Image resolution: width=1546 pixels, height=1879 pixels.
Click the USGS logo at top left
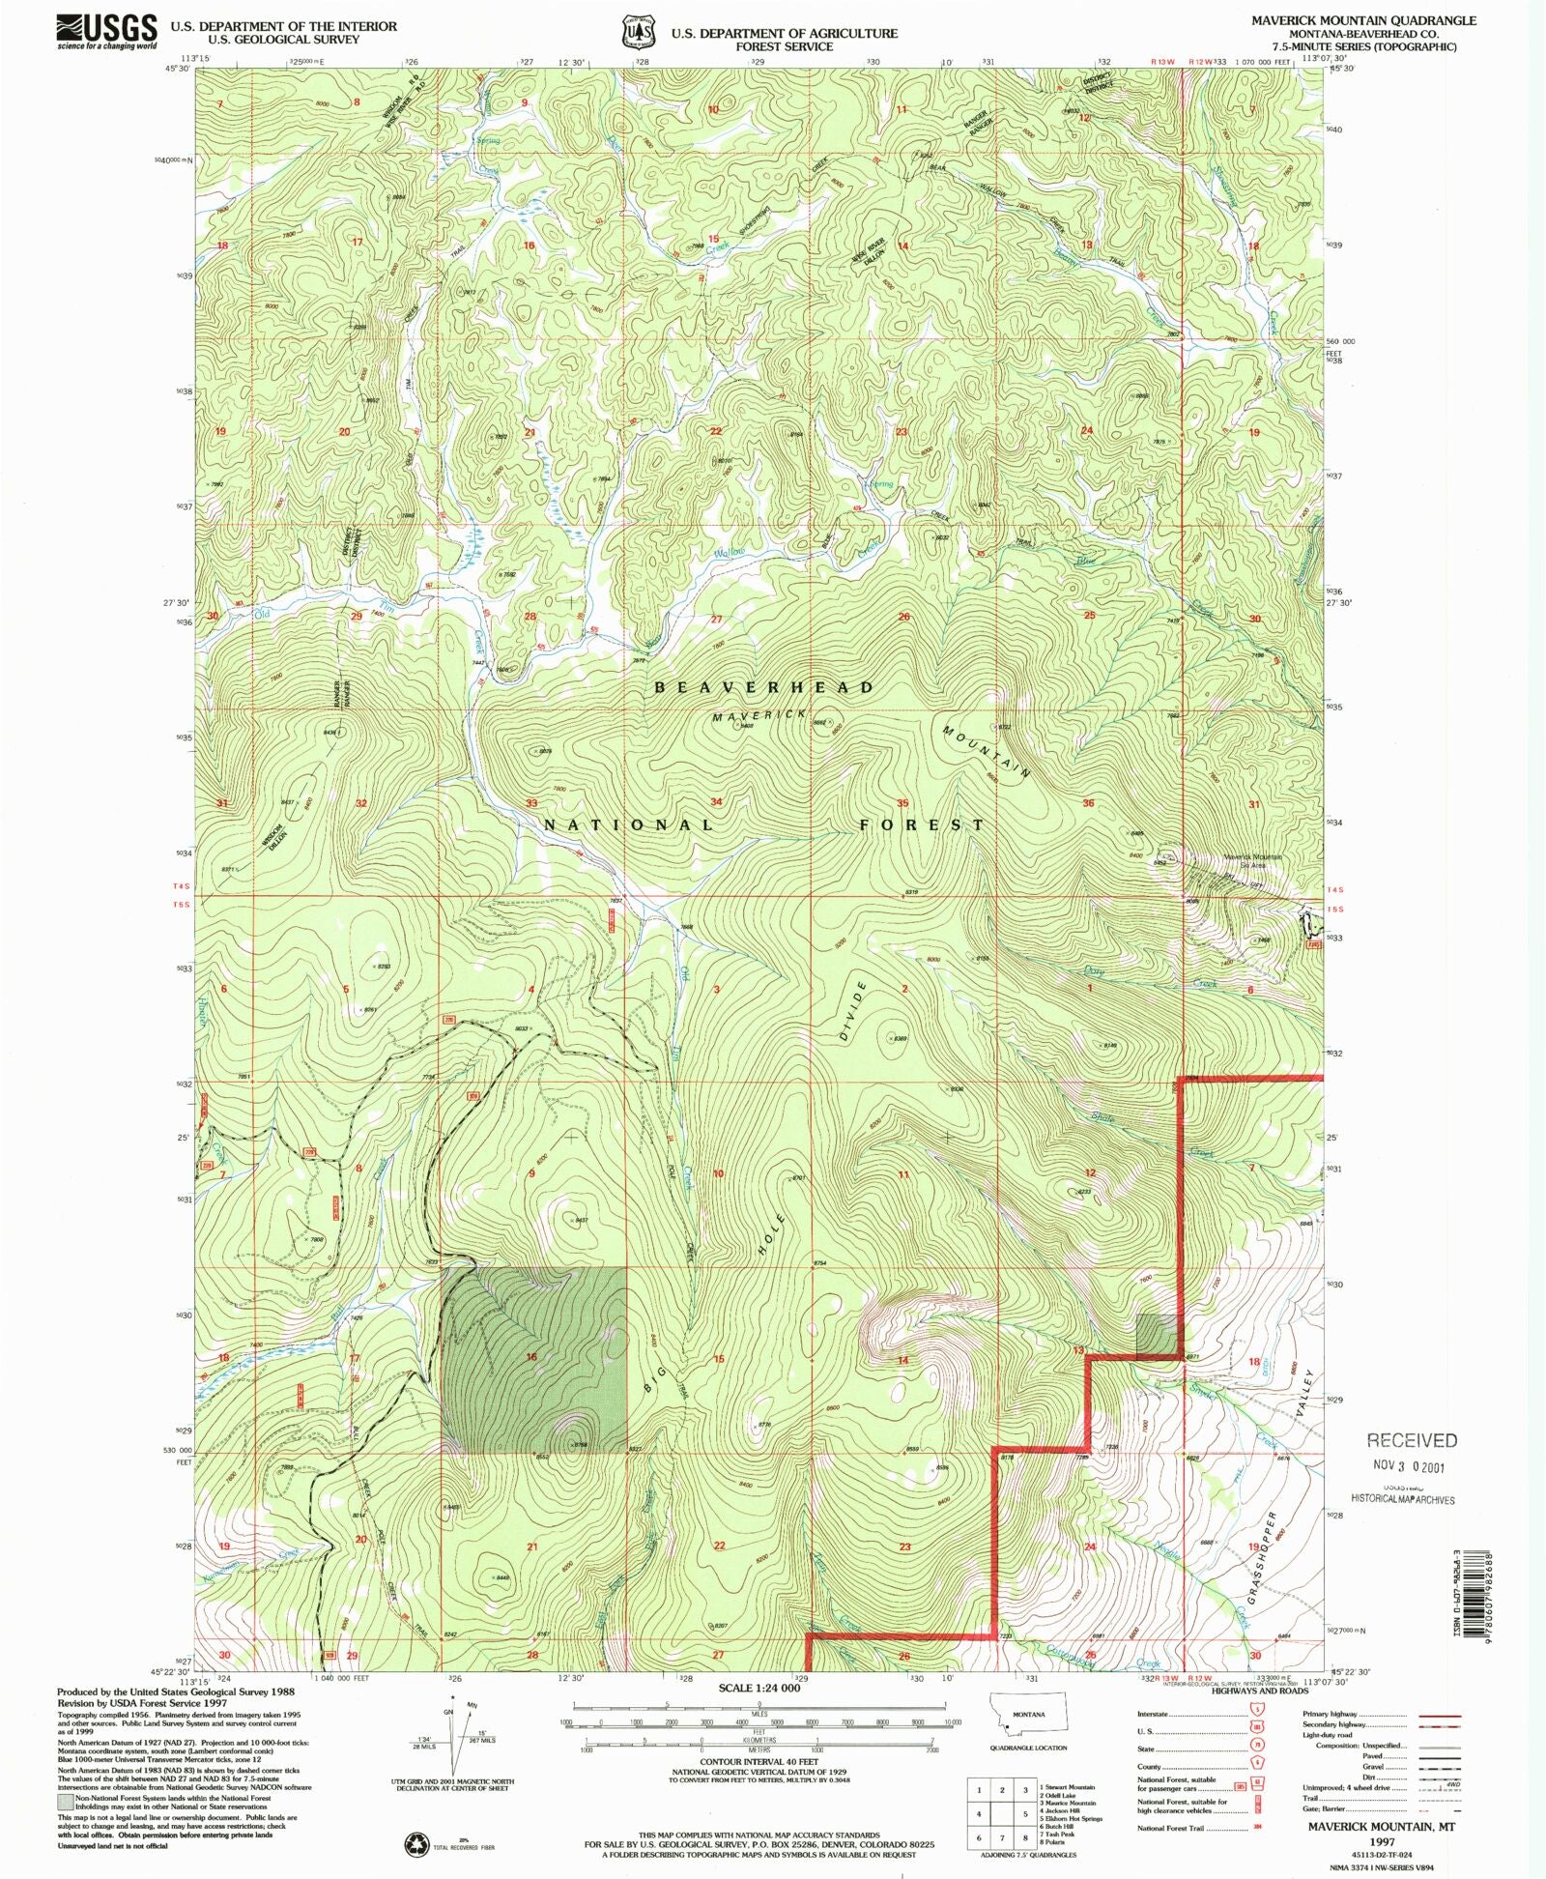tap(106, 31)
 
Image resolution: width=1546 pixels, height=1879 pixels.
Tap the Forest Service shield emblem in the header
tap(633, 31)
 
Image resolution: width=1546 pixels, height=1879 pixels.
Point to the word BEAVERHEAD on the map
tap(764, 687)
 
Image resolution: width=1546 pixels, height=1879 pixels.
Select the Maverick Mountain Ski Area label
tap(1252, 860)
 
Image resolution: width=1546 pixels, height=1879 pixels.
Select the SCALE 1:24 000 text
tap(759, 1688)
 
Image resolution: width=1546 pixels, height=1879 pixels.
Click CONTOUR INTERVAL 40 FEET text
tap(759, 1762)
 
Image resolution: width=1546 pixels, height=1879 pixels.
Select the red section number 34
tap(716, 802)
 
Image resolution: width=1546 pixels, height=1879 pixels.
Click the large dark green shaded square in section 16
tap(533, 1358)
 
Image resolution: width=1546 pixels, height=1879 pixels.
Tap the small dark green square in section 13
tap(1157, 1334)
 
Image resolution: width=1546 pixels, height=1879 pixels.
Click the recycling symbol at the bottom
tap(416, 1845)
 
